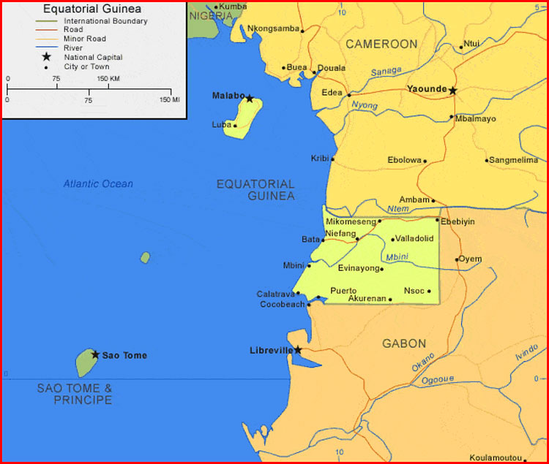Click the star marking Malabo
250,98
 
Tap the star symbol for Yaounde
452,91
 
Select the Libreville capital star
298,351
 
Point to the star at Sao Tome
95,354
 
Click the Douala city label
331,68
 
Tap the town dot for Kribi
333,159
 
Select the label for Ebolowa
405,160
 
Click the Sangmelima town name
515,160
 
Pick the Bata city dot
323,240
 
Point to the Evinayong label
358,268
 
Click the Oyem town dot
457,259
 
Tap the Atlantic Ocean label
98,184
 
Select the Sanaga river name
386,72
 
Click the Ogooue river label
438,379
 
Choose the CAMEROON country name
381,44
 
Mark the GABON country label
404,343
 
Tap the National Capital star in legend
47,57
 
